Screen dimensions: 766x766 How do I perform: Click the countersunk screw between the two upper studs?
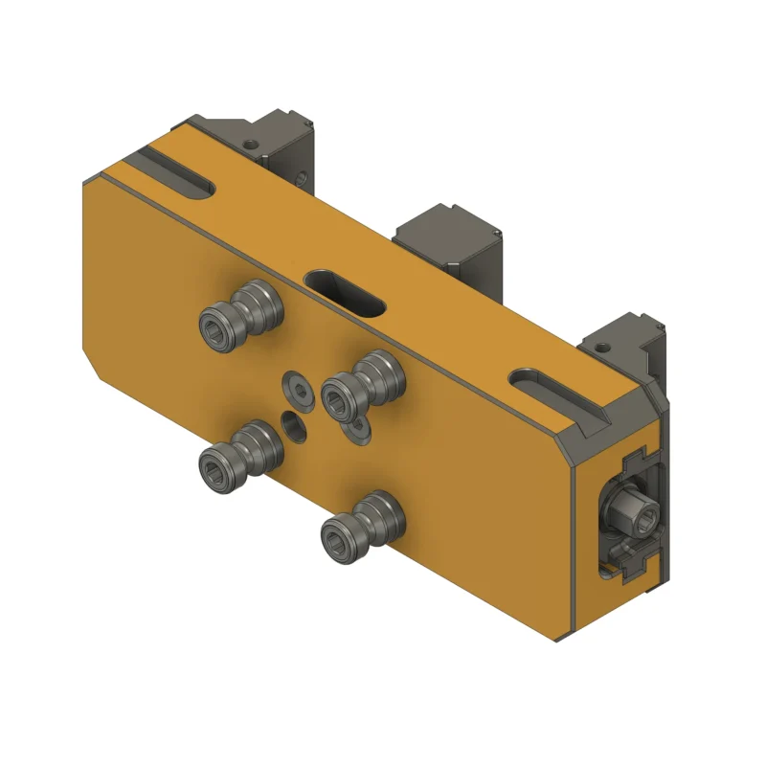[x=298, y=389]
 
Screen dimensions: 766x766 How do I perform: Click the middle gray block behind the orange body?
[x=450, y=244]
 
